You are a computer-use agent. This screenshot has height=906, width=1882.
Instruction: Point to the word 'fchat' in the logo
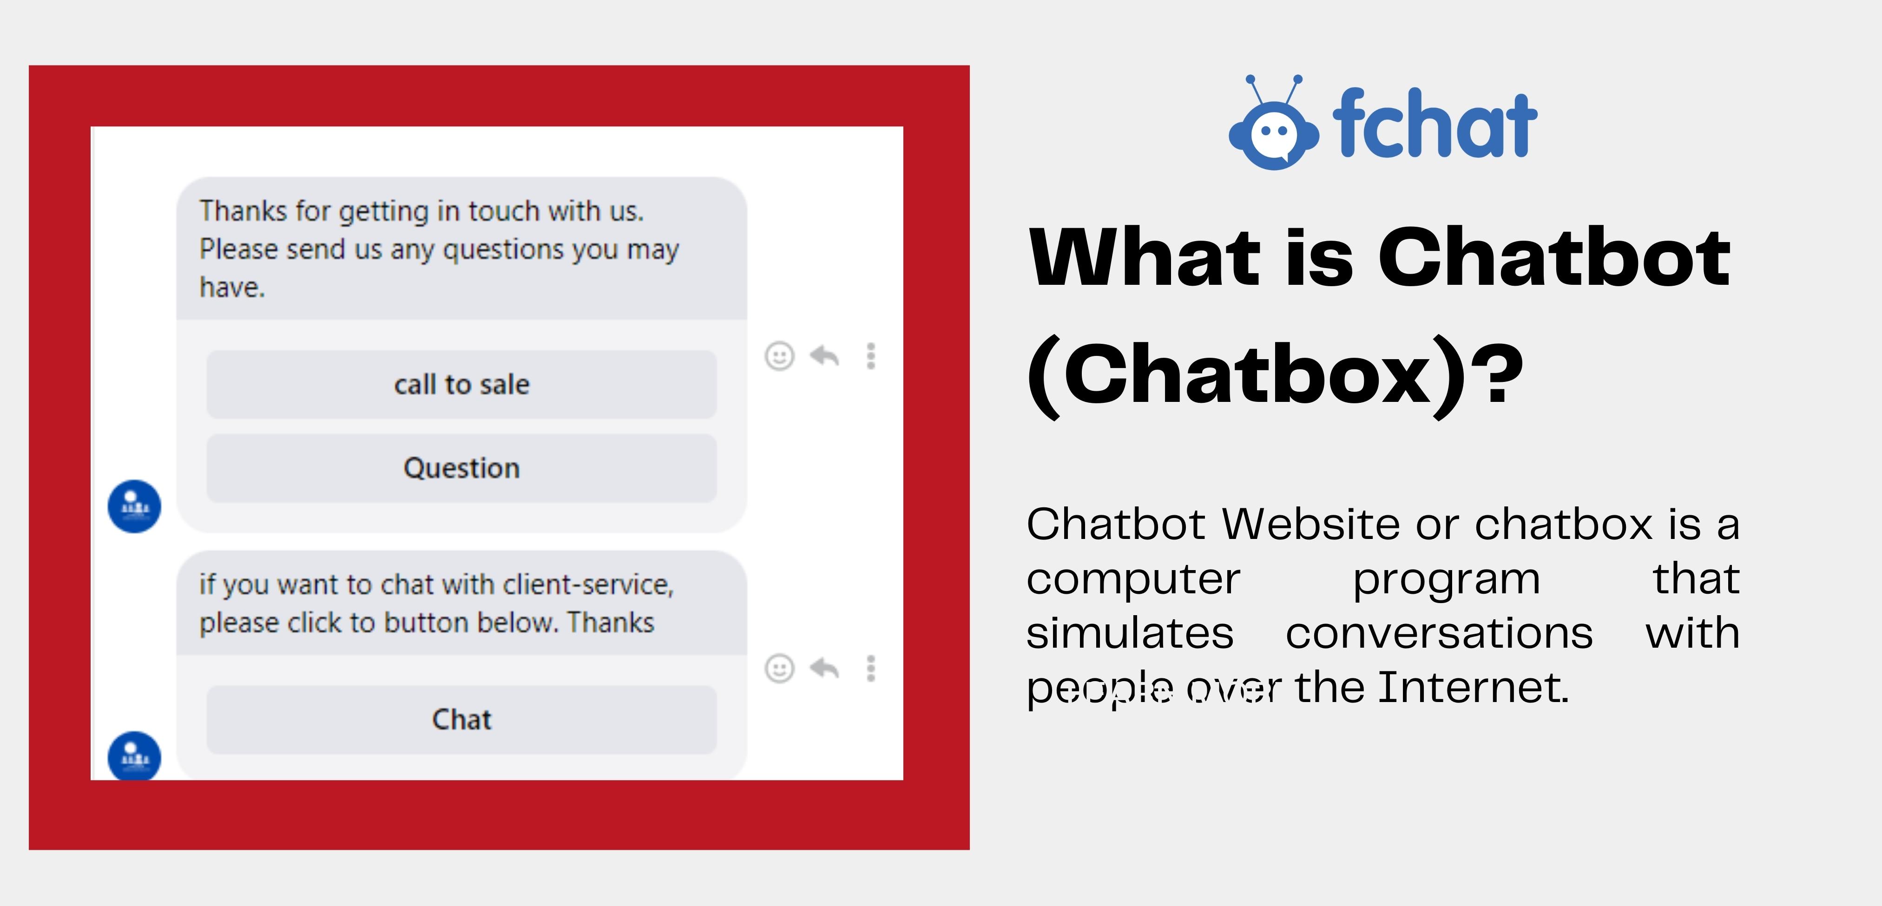point(1435,123)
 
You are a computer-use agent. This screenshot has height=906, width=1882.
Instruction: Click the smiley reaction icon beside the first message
point(780,356)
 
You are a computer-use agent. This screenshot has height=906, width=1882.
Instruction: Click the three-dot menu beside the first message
point(871,356)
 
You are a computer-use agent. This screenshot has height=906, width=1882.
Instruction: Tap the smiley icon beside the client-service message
point(780,668)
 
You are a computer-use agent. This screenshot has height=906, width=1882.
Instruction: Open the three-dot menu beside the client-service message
point(871,668)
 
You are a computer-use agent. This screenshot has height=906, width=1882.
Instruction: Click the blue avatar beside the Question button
point(134,506)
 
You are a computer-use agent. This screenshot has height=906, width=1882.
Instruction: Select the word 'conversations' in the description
point(1439,633)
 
